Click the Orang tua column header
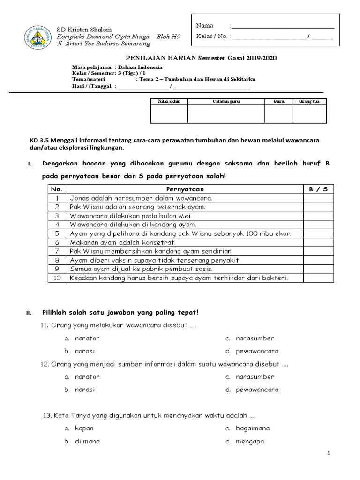pos(309,101)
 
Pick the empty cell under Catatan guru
pos(226,113)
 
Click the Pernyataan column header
pos(186,189)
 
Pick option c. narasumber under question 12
pos(250,377)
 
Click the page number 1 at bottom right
pos(329,453)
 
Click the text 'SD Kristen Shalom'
pos(84,29)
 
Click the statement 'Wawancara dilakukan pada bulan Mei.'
pos(131,216)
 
